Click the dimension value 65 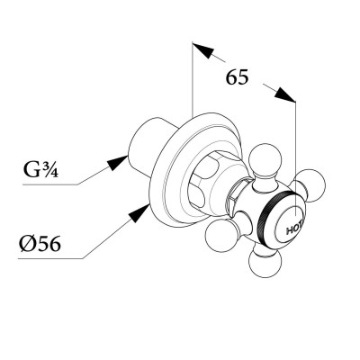(x=237, y=77)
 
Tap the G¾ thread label (x=41, y=170)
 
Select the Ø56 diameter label (x=40, y=244)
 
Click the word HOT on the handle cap (x=295, y=229)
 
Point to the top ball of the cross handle (x=266, y=161)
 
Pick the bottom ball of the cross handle (x=265, y=262)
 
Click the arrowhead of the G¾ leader (x=118, y=163)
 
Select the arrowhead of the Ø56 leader (x=139, y=213)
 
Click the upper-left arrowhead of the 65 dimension (x=203, y=50)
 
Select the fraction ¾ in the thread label (x=51, y=169)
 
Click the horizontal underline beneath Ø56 (x=50, y=258)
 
